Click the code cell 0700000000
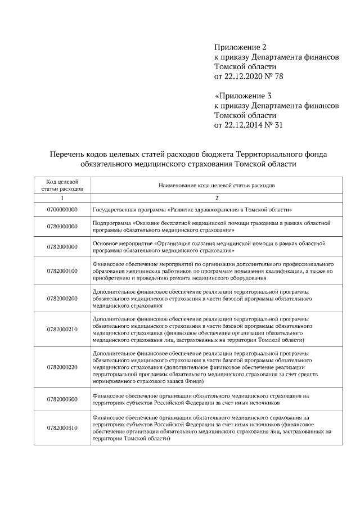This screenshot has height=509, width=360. (62, 209)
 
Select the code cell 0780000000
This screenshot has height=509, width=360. (62, 227)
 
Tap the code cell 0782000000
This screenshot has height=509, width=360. (62, 246)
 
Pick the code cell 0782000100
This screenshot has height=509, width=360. (62, 271)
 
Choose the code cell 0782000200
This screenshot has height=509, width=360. (62, 298)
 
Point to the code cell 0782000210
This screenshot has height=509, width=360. (62, 328)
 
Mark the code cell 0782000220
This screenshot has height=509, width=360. (62, 366)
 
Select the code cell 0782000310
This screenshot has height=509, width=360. (62, 428)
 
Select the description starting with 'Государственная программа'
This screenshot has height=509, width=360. (192, 209)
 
